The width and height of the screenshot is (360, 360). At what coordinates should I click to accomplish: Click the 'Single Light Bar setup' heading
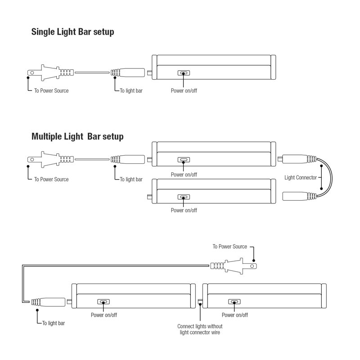point(72,32)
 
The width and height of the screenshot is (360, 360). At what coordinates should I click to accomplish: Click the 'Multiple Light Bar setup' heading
point(77,136)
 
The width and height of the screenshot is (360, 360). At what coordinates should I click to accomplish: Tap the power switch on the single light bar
point(184,73)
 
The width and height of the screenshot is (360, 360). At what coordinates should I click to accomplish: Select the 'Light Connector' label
point(300,177)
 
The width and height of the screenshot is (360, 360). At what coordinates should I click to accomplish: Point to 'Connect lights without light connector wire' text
point(200,329)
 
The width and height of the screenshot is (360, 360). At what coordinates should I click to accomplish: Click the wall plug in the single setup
point(50,72)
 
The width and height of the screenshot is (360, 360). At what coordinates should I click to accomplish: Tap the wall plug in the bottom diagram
point(234,266)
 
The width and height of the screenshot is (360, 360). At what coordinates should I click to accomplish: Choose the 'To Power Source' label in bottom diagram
point(229,247)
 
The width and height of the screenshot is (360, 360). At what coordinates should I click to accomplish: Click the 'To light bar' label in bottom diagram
point(54,323)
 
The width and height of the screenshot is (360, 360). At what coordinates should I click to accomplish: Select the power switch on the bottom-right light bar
point(234,301)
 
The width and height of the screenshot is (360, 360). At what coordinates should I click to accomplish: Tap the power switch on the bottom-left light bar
point(103,301)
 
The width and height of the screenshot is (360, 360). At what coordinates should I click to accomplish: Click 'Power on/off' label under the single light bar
point(184,91)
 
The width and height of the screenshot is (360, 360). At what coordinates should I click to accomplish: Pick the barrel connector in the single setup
point(128,72)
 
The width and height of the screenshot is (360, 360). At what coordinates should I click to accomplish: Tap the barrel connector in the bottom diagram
point(48,302)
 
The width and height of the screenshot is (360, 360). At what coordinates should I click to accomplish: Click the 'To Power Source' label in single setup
point(51,91)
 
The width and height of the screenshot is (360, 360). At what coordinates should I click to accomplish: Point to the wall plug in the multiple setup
point(50,159)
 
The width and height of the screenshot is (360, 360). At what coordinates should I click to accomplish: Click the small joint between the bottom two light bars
point(200,301)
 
